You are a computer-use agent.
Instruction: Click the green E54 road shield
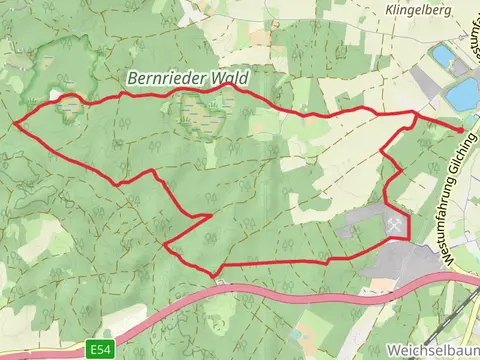[98, 349]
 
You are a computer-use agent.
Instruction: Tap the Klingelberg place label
[417, 9]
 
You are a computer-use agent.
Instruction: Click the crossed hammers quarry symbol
[396, 224]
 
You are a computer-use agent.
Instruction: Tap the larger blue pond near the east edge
[463, 95]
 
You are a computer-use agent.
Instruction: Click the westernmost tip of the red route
[15, 123]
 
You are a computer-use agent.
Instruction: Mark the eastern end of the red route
[462, 130]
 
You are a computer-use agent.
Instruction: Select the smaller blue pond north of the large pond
[443, 54]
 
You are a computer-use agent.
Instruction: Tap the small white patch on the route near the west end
[55, 97]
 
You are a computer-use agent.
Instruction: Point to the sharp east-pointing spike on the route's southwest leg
[210, 215]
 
